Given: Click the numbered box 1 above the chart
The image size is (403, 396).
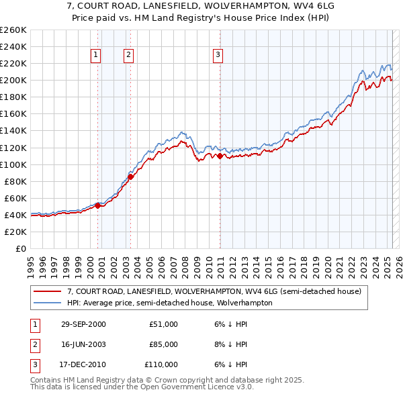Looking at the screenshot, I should [96, 56].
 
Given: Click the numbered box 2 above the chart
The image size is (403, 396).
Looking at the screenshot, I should [128, 56].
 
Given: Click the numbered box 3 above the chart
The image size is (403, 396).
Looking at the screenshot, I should [218, 56].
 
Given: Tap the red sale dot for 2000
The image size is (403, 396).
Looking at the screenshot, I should [98, 205].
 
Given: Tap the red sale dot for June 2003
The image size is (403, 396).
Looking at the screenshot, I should [130, 177].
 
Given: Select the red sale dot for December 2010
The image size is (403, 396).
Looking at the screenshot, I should [220, 156].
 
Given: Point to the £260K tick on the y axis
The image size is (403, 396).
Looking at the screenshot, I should [13, 30].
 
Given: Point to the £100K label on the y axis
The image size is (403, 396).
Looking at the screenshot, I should [13, 164].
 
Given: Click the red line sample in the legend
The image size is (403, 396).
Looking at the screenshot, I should [47, 291].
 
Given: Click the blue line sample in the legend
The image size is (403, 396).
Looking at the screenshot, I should [47, 303].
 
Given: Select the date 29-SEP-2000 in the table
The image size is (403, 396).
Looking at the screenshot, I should [83, 324].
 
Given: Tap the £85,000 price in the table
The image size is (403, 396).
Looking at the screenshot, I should [163, 344].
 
